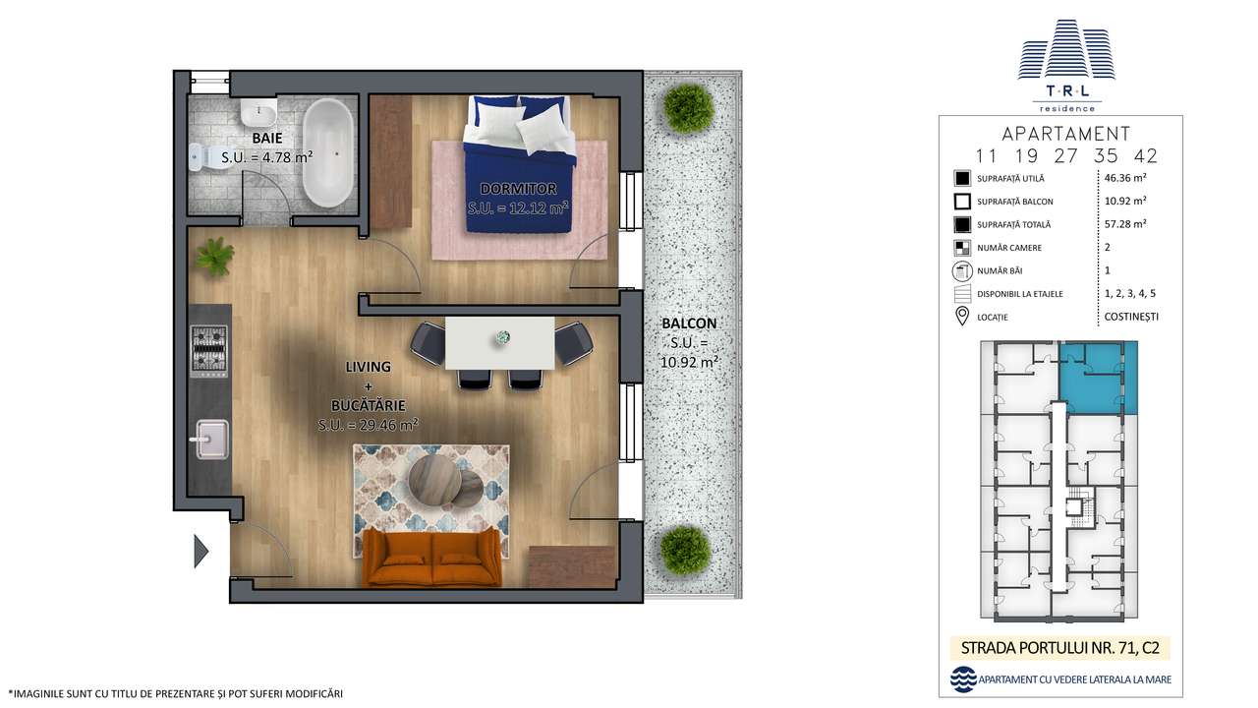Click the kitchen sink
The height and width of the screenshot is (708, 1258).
tap(210, 440)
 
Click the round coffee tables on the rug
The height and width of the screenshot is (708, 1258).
tap(442, 480)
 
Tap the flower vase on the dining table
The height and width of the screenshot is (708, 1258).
tap(503, 337)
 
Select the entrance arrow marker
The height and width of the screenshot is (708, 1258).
tap(201, 551)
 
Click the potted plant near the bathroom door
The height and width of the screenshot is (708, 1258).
tap(214, 258)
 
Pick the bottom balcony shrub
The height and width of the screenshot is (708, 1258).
tap(684, 549)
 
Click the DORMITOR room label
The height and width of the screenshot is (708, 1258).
tap(518, 188)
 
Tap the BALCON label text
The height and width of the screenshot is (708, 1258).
tap(689, 323)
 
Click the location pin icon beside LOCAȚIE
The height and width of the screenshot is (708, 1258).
tap(962, 317)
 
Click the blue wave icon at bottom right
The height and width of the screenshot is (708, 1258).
tap(963, 679)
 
